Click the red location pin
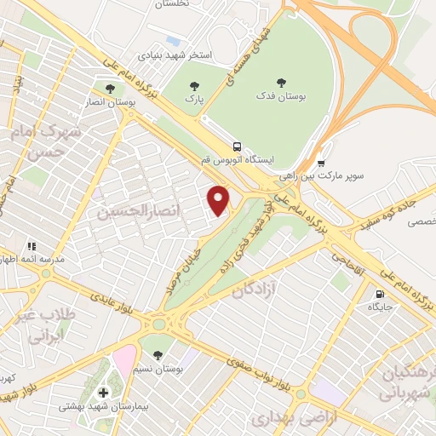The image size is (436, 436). click(x=220, y=199)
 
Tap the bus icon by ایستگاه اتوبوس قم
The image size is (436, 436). click(x=237, y=145)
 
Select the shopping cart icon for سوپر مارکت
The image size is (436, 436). click(x=321, y=163)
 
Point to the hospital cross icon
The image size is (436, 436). click(x=104, y=392)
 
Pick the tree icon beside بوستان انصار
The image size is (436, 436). click(x=108, y=87)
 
